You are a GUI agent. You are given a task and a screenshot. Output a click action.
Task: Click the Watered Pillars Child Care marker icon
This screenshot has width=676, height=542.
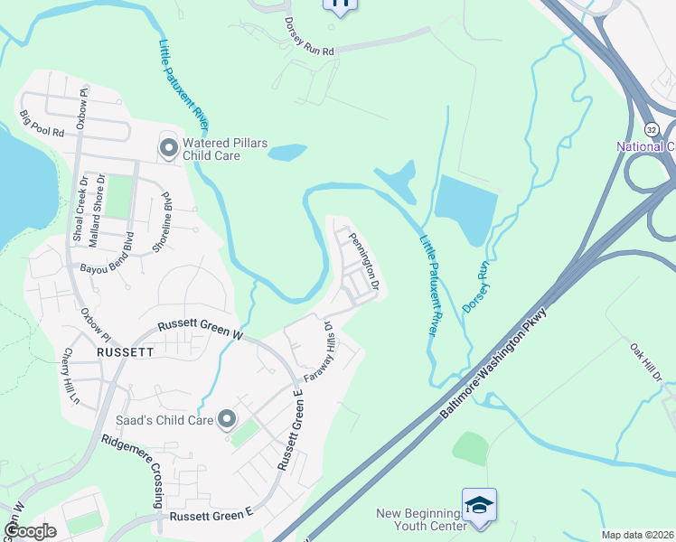168,146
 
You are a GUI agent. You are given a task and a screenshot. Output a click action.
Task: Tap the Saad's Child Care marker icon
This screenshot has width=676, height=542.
226,419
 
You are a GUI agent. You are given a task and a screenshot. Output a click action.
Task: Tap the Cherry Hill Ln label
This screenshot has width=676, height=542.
71,376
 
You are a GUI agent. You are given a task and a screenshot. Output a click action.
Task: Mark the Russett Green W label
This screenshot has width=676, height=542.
201,329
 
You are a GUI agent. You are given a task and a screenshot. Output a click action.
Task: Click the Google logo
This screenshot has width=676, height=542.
30,531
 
